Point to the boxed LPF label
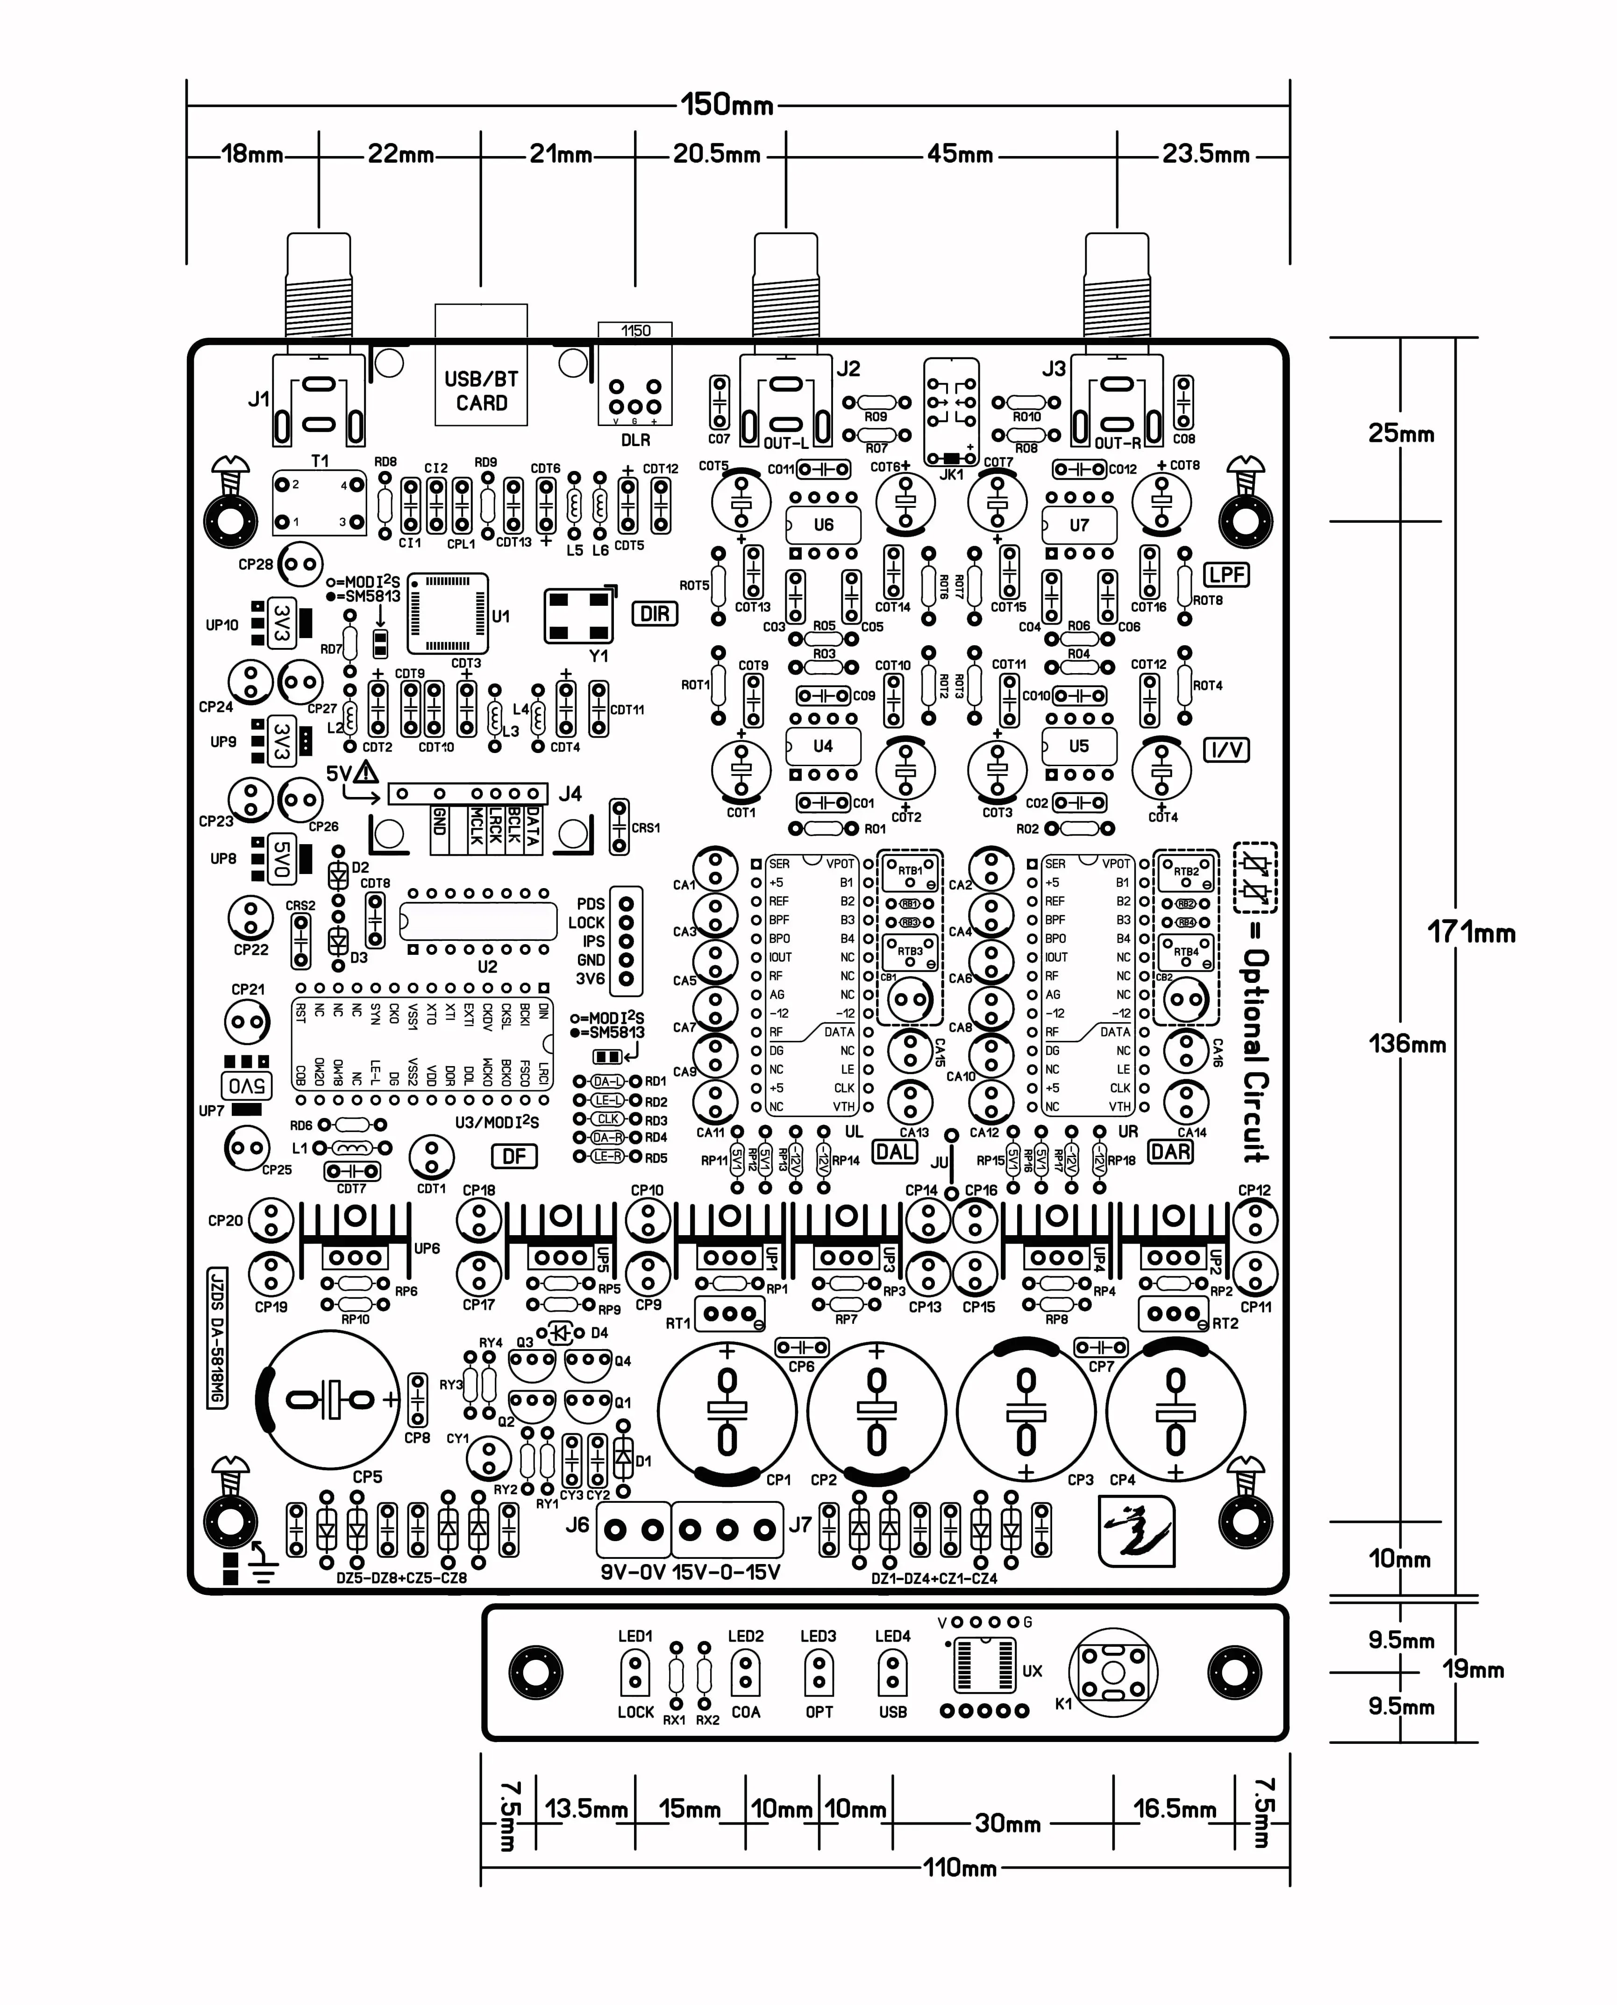coord(1227,575)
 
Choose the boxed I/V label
coord(1227,750)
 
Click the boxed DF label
coord(514,1156)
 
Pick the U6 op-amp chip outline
coord(823,525)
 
